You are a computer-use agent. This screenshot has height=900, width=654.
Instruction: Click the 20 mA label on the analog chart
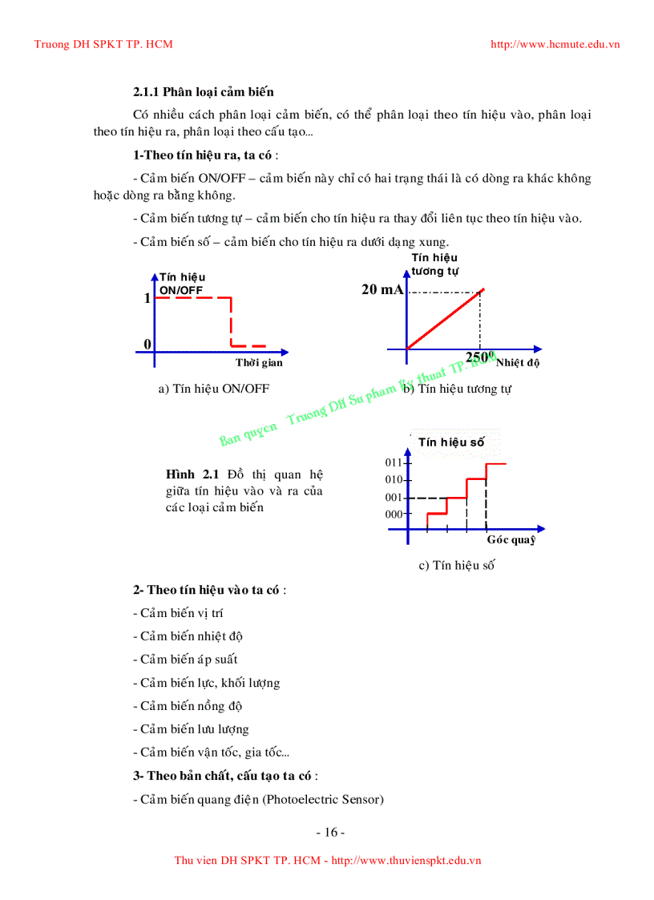pyautogui.click(x=382, y=290)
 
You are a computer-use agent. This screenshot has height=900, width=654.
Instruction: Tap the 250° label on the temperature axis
pyautogui.click(x=478, y=357)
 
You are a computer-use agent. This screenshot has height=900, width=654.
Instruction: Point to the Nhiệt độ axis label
pyautogui.click(x=518, y=363)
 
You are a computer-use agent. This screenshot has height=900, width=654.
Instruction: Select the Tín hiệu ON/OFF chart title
pyautogui.click(x=182, y=283)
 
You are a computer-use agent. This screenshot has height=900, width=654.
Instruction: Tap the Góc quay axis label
pyautogui.click(x=511, y=540)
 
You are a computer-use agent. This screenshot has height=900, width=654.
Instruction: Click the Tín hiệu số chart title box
pyautogui.click(x=451, y=442)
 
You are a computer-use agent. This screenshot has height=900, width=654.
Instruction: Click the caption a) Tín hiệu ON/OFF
pyautogui.click(x=214, y=389)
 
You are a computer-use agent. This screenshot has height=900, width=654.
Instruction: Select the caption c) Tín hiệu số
pyautogui.click(x=456, y=566)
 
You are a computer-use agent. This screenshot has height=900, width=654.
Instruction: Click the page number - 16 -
pyautogui.click(x=330, y=832)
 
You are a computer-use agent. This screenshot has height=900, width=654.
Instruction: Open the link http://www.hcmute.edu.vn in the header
pyautogui.click(x=555, y=44)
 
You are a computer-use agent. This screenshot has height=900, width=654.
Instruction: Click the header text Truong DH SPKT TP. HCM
pyautogui.click(x=103, y=44)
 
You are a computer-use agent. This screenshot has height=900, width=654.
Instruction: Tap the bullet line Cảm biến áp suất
pyautogui.click(x=185, y=660)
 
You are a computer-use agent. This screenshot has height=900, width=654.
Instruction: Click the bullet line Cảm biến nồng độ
pyautogui.click(x=188, y=706)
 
